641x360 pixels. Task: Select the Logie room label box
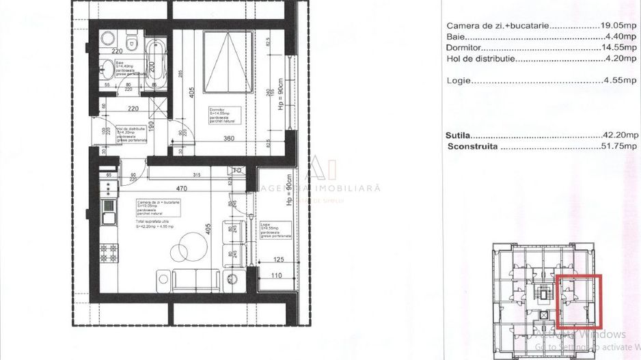[275, 230]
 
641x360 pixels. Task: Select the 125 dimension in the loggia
[277, 260]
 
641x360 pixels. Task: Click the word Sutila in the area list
[459, 136]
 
